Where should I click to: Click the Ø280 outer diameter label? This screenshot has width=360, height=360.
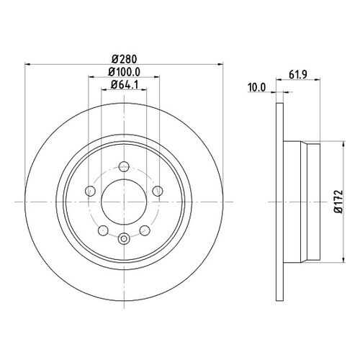124,59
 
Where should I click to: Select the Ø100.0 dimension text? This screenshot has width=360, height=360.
124,72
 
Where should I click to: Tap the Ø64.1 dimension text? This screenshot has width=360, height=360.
125,84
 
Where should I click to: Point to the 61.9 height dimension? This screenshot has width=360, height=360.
298,75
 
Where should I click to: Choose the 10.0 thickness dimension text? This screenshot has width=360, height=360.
257,88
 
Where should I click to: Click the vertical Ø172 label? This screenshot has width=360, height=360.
338,202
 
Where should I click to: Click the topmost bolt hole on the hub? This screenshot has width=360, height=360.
124,166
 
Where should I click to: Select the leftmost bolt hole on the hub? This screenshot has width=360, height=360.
91,191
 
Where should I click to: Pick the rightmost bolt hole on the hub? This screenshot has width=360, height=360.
158,191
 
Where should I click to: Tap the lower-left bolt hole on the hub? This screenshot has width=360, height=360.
104,230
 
